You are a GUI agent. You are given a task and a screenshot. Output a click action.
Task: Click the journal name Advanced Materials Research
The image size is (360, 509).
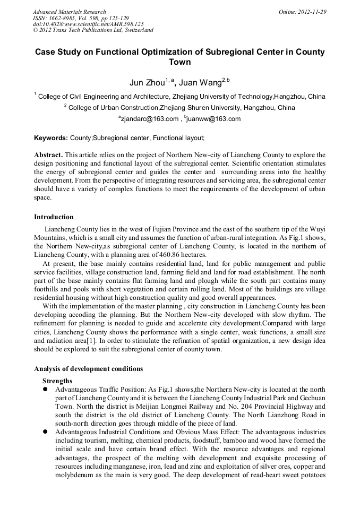tap(69, 12)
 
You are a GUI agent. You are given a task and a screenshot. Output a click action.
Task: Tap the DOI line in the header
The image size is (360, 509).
tap(88, 24)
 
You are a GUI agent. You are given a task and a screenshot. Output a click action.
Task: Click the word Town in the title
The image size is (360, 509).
tap(179, 62)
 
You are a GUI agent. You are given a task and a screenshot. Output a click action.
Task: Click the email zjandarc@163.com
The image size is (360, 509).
tap(150, 119)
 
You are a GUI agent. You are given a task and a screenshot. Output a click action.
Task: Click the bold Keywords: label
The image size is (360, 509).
tap(50, 138)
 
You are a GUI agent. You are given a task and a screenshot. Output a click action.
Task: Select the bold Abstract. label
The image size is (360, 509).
tap(48, 154)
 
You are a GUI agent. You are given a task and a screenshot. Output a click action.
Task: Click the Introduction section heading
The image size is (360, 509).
tap(54, 217)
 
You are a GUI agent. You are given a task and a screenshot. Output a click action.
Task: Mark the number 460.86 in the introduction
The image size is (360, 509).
tap(166, 255)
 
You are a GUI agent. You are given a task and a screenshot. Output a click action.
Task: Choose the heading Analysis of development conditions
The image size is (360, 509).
tap(88, 368)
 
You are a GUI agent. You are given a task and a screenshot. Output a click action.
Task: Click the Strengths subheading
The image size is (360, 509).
tap(57, 381)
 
